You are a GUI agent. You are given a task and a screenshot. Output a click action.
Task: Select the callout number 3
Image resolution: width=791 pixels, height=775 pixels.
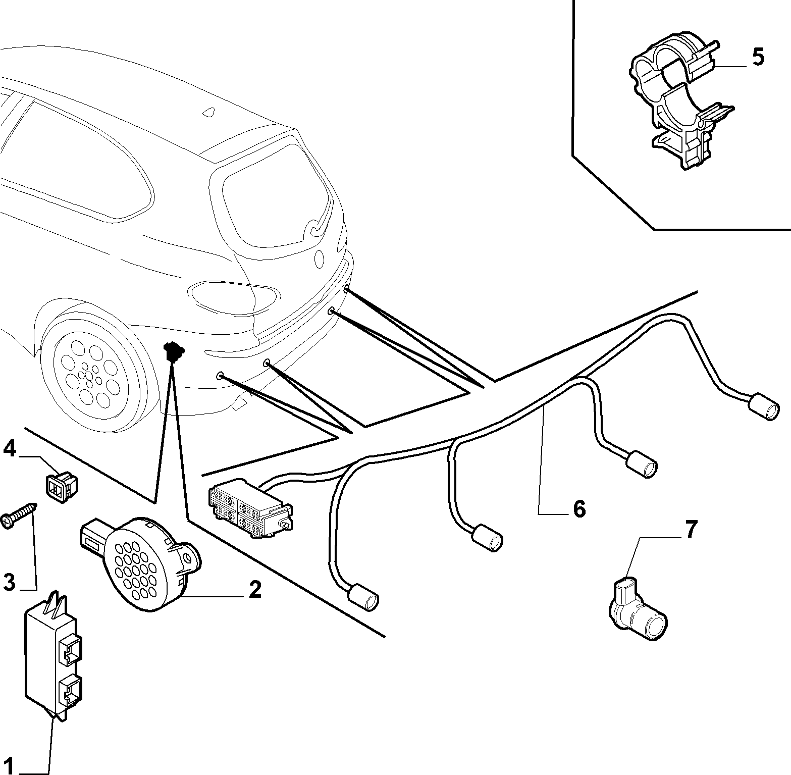pos(10,582)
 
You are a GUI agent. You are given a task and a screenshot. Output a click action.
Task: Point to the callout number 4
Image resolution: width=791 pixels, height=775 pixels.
pos(11,448)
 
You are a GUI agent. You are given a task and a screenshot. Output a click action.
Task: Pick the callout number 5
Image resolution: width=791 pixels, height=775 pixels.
pos(758,57)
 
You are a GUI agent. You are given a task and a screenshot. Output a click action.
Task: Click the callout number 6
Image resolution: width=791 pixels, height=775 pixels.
pos(579,509)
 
